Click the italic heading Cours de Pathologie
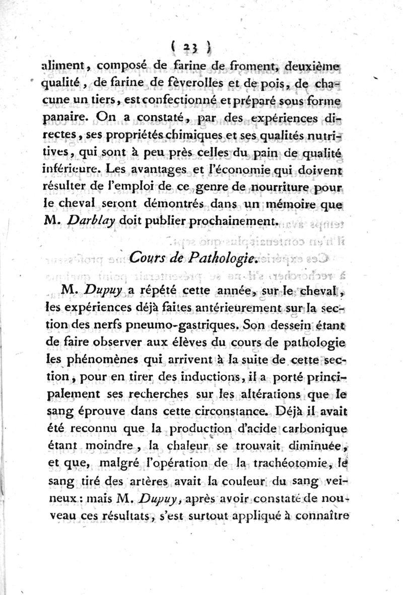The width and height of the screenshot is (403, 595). click(x=193, y=258)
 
